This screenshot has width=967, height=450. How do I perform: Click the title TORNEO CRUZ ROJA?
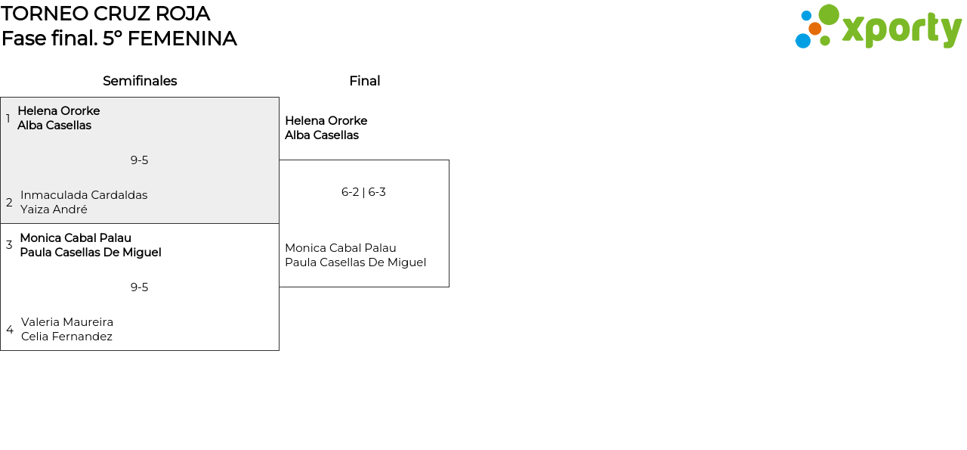click(105, 14)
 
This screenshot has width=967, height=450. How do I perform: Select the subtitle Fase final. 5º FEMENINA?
click(119, 39)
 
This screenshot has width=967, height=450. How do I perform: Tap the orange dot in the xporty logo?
click(814, 29)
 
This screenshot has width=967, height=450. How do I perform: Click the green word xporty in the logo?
click(901, 30)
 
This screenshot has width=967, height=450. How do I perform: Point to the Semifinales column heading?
click(140, 81)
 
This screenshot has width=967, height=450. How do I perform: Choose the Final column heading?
click(364, 81)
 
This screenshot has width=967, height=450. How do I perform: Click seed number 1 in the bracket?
click(8, 119)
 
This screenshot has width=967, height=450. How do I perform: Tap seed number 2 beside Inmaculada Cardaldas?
click(9, 203)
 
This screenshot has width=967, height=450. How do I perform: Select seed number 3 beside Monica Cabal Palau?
click(9, 245)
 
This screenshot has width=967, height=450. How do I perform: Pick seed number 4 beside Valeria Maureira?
click(10, 330)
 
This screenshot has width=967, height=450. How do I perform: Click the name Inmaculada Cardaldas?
click(84, 195)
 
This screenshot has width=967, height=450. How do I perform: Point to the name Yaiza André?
click(54, 209)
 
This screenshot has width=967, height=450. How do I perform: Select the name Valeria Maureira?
click(67, 322)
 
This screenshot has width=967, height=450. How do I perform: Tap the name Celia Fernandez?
click(66, 337)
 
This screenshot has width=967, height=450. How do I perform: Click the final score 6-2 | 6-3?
click(363, 192)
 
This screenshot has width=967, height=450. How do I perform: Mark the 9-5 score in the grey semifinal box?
click(139, 160)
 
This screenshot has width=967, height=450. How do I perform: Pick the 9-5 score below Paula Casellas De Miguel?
click(139, 287)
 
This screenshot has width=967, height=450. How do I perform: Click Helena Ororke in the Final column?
click(326, 121)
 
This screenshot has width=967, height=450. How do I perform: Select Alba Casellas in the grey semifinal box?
click(54, 126)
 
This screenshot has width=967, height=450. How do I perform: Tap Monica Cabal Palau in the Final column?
click(340, 248)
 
